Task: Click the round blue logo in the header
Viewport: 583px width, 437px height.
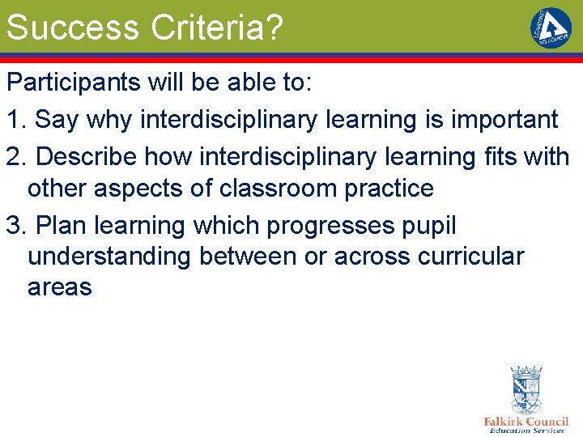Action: click(551, 28)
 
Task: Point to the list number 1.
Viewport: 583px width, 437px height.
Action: click(15, 120)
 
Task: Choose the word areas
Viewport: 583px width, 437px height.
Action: click(59, 286)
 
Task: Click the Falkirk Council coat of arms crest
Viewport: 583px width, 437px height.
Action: click(526, 389)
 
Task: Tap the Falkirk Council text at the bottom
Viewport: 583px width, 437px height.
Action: click(526, 422)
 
